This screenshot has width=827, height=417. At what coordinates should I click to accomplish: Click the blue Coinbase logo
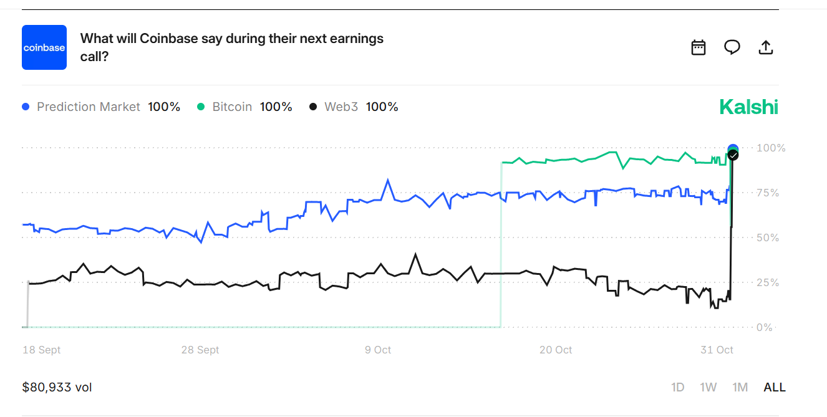[44, 47]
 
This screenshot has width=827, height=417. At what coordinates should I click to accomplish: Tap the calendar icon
[699, 47]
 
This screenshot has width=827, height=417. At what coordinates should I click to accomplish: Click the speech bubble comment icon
[732, 47]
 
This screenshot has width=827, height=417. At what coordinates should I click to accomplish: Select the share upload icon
[766, 47]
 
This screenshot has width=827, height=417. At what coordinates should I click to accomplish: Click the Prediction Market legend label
[89, 107]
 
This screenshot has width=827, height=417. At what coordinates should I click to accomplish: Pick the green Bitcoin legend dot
[201, 107]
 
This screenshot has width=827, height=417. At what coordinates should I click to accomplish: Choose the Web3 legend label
[341, 107]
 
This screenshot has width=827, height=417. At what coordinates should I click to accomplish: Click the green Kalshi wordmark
[748, 107]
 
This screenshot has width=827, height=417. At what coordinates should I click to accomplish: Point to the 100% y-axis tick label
[771, 148]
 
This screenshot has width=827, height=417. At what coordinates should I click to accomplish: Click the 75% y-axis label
[768, 193]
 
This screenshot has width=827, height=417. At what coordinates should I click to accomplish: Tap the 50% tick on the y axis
[768, 237]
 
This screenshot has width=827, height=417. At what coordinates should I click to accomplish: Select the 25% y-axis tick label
[768, 282]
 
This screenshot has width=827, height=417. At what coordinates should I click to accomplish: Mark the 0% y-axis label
[765, 327]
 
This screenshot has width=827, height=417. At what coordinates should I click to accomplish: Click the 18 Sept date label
[41, 350]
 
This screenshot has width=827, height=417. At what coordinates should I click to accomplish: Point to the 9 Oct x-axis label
[378, 350]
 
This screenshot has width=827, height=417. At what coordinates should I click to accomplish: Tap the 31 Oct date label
[717, 350]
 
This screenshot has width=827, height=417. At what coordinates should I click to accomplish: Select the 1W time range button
[708, 387]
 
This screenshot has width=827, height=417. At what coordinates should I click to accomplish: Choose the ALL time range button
[775, 387]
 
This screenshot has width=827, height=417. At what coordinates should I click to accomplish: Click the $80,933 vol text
[57, 387]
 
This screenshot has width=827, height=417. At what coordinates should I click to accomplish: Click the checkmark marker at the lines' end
[733, 155]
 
